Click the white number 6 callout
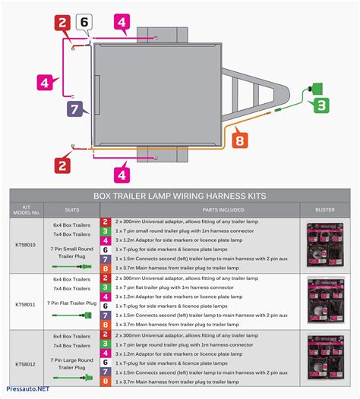84,23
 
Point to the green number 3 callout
321,105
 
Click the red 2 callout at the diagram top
63,23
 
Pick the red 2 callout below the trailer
63,163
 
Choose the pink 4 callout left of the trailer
46,82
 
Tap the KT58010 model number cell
26,245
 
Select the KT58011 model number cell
26,303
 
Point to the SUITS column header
71,209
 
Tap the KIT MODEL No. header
26,209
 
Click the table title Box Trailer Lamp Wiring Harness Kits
180,196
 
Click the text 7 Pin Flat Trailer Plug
72,303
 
